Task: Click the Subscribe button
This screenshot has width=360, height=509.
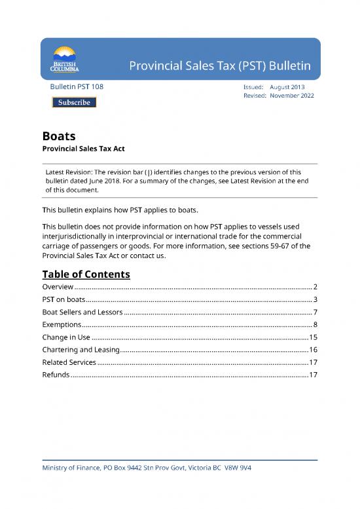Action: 74,102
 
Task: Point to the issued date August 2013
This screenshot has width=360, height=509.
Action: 287,86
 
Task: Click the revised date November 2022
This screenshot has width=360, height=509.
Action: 291,96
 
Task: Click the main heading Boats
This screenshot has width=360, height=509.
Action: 58,137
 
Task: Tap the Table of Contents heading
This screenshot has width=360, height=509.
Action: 86,274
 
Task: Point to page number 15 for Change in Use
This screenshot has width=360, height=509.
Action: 312,337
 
